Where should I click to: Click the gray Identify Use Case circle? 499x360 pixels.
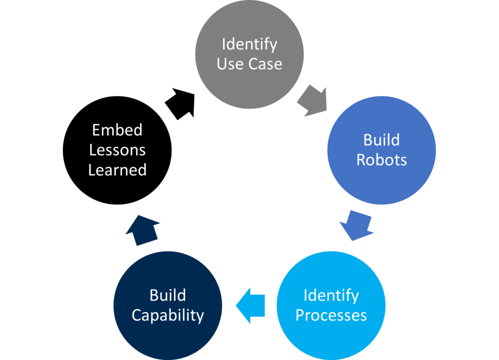pos(249,55)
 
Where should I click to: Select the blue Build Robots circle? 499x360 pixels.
pos(382,150)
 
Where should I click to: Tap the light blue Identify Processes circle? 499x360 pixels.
pos(331,305)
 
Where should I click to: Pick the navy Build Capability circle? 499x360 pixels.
pos(168,305)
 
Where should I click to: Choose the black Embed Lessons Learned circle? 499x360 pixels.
pos(117,150)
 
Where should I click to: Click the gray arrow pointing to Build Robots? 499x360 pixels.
pos(312,101)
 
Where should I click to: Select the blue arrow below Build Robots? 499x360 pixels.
pos(357,225)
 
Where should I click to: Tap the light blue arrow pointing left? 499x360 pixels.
pos(250,305)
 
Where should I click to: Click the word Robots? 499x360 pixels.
pos(382,160)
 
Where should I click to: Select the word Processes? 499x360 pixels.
pos(331,316)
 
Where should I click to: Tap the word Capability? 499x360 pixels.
pos(168,316)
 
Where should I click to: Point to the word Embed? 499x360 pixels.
pos(117,130)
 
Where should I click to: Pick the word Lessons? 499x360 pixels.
pos(117,150)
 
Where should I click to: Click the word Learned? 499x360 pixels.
pos(117,170)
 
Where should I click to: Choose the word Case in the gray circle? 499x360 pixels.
pos(265,64)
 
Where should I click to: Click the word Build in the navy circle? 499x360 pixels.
pos(168,295)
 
